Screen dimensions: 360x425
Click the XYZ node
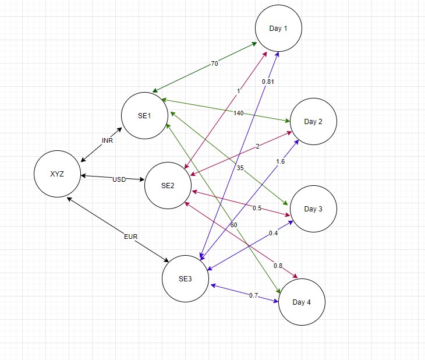coord(57,174)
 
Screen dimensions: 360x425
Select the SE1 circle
coord(144,115)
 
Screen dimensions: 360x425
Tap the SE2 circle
coord(168,186)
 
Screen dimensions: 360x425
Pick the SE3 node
coord(185,278)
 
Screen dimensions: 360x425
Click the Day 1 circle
coord(278,29)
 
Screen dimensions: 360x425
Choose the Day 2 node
coord(313,122)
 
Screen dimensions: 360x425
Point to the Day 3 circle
coord(313,209)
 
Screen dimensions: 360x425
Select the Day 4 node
coord(302,302)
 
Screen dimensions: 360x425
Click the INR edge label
coord(107,141)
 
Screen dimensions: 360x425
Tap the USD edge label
coord(119,179)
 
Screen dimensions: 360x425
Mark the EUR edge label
coord(131,237)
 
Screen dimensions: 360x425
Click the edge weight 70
coord(214,63)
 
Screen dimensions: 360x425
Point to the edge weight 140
coord(238,113)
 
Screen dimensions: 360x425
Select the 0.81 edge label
coord(268,82)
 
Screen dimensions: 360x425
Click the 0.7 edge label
coord(253,295)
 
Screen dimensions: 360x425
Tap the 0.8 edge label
coord(278,266)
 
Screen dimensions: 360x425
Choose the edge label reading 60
coord(233,224)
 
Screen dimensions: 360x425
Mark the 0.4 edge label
coord(273,233)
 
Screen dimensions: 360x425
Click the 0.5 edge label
coord(257,208)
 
